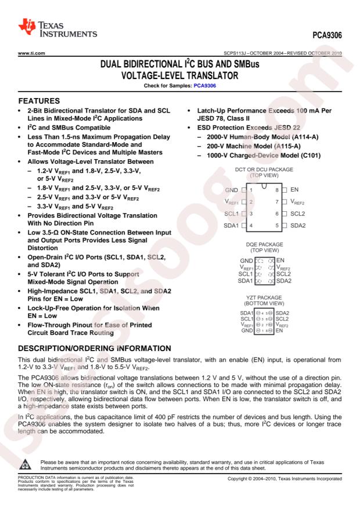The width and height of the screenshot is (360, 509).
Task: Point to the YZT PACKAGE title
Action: coord(264,298)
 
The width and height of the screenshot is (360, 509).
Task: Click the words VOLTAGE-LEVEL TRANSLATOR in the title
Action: coord(179,75)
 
